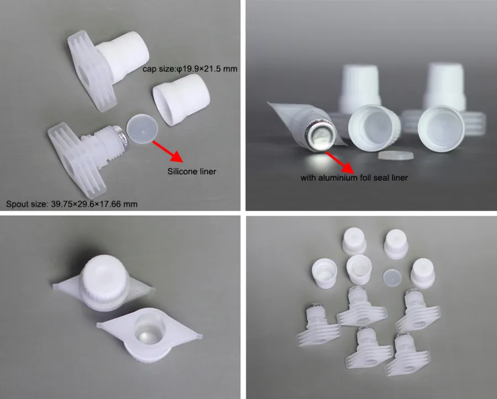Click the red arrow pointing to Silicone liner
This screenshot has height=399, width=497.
point(167,151)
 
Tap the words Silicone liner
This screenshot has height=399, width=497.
point(192,171)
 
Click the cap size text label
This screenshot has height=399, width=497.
point(190,69)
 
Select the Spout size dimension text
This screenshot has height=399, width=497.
point(72,204)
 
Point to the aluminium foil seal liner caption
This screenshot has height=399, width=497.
point(354,177)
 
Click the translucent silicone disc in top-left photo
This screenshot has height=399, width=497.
point(142,129)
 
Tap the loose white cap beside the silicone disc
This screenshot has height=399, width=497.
point(181,99)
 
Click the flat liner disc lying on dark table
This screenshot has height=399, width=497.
point(396,155)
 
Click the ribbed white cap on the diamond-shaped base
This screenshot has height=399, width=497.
point(104,283)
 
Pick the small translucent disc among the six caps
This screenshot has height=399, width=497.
point(392,277)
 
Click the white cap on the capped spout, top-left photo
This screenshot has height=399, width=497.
point(123,55)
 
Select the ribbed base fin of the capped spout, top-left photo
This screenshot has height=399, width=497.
point(88,71)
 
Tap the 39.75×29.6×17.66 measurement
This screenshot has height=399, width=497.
point(86,204)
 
